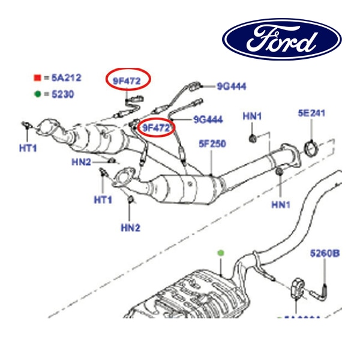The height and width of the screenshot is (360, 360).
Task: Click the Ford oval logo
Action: point(282,39)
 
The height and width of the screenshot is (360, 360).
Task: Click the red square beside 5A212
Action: point(37,78)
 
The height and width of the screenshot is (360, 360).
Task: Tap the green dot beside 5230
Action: point(37,94)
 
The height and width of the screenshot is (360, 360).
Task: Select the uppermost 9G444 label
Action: point(232,86)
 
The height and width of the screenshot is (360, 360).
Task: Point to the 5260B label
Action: point(325,253)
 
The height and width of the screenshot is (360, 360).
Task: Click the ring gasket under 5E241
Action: point(311,146)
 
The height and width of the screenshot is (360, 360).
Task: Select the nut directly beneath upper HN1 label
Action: point(253,139)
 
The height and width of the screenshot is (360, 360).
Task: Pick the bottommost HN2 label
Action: point(130,227)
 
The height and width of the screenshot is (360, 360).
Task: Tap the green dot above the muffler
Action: point(221,253)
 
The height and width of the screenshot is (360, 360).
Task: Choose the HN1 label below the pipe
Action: point(280,205)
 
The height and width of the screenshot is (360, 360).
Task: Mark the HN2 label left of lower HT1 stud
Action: point(81,162)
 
